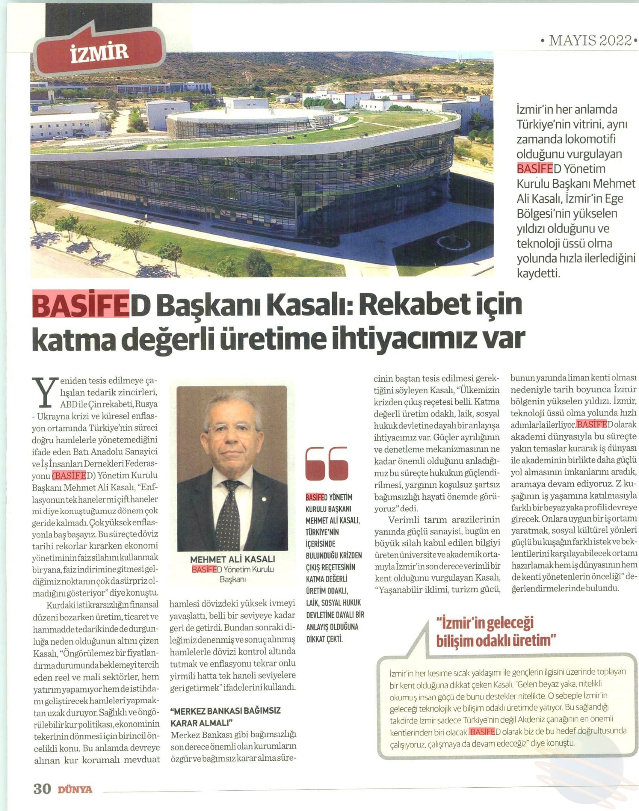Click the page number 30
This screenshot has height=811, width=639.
(42, 789)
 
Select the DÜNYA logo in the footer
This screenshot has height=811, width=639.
(75, 789)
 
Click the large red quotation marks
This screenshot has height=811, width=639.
(327, 463)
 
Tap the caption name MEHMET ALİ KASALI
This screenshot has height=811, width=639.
(232, 559)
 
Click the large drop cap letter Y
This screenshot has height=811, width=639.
(44, 392)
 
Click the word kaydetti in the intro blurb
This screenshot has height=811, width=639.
(538, 273)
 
